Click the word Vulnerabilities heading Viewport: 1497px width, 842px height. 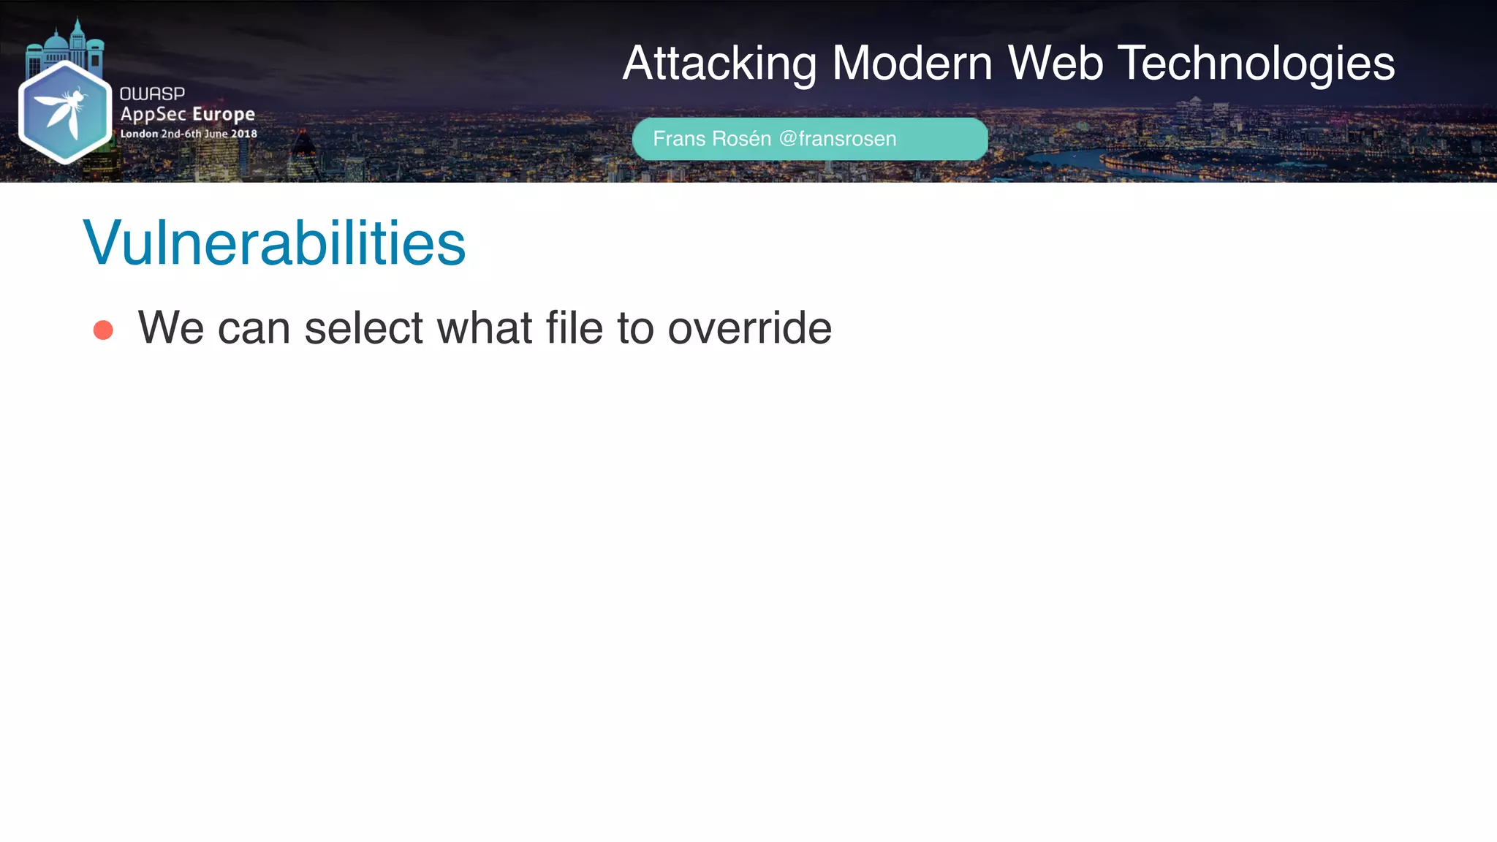click(274, 243)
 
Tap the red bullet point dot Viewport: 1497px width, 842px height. click(103, 330)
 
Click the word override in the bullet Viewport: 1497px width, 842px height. click(749, 327)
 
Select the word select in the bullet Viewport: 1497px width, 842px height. click(363, 327)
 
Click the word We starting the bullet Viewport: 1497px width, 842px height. click(170, 327)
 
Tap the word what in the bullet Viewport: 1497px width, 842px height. click(484, 327)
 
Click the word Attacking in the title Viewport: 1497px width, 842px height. click(719, 64)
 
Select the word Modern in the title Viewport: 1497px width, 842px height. click(912, 64)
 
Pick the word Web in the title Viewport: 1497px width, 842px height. click(1055, 64)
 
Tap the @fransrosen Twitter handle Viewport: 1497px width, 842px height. click(838, 139)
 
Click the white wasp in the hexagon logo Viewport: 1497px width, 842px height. click(64, 110)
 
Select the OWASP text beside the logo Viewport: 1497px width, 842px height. click(152, 94)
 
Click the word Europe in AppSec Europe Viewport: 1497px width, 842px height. click(224, 115)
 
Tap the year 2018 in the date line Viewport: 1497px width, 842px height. click(244, 134)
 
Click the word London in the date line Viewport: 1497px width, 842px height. click(139, 134)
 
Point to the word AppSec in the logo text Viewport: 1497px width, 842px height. click(153, 115)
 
